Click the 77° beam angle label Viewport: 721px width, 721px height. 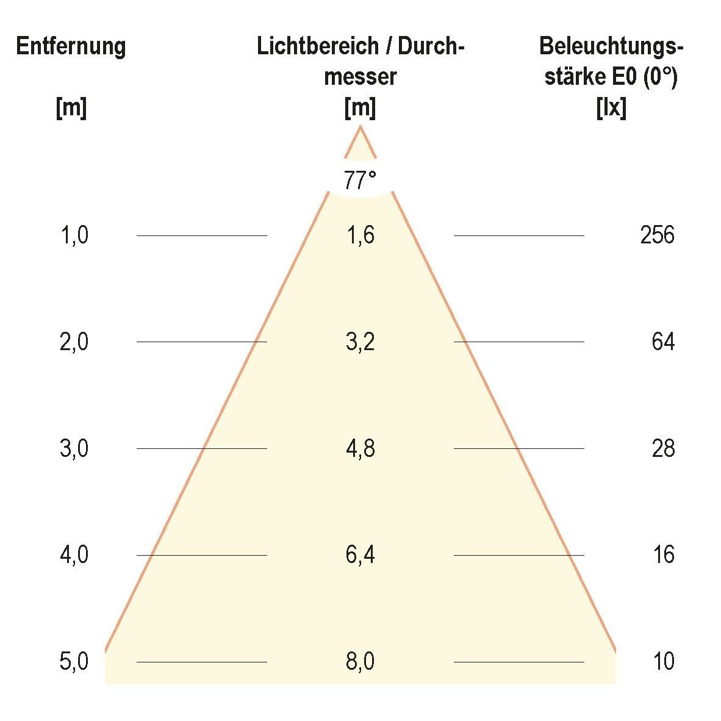point(360,181)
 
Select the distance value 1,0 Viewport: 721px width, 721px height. point(74,235)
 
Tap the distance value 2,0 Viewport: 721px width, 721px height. point(74,342)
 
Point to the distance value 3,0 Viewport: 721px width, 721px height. point(74,449)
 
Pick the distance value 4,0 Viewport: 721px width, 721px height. point(74,555)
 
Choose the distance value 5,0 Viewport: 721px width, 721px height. point(74,662)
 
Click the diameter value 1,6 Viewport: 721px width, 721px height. point(360,235)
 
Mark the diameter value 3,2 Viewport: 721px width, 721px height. point(360,342)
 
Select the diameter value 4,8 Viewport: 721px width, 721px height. point(360,449)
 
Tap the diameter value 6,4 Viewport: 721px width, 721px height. point(360,555)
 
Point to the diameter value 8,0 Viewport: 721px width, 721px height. point(360,662)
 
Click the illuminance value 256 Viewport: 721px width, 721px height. point(657,235)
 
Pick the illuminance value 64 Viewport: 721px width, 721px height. point(663,342)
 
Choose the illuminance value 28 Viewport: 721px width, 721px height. point(663,449)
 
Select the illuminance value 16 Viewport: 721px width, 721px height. point(663,555)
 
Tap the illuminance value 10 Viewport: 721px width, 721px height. point(663,662)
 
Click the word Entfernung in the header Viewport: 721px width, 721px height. point(71,47)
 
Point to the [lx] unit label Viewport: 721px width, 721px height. point(611,109)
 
